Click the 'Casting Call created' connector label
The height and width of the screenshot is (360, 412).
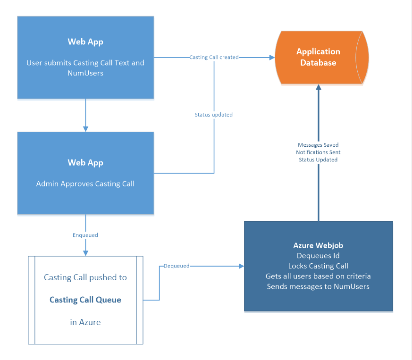tap(214, 57)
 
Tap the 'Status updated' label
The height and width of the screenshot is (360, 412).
tap(214, 115)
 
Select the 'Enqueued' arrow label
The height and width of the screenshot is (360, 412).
tap(85, 235)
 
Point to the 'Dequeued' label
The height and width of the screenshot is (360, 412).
tap(177, 266)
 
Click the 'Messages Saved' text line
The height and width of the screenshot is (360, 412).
tap(318, 145)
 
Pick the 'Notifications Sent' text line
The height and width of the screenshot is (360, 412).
tap(318, 152)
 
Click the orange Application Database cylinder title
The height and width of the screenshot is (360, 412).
tap(318, 57)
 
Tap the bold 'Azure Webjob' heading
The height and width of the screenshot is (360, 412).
tap(318, 245)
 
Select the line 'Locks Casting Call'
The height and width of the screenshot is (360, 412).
tap(318, 266)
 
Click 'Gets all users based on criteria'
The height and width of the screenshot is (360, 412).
tap(318, 276)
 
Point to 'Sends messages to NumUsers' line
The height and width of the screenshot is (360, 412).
tap(318, 286)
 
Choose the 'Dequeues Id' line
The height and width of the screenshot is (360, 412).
tap(318, 256)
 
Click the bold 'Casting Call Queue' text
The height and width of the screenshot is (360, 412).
tap(85, 300)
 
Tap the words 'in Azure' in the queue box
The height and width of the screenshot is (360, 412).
tap(85, 322)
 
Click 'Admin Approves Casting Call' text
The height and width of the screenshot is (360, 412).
tap(85, 184)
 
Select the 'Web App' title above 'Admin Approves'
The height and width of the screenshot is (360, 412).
tap(85, 163)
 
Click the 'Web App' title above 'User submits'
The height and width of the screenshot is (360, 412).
tap(85, 42)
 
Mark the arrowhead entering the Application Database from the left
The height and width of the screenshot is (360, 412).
tap(272, 57)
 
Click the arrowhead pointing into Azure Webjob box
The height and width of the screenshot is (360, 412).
tap(242, 266)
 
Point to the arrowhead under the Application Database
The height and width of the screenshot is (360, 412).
tap(319, 87)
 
